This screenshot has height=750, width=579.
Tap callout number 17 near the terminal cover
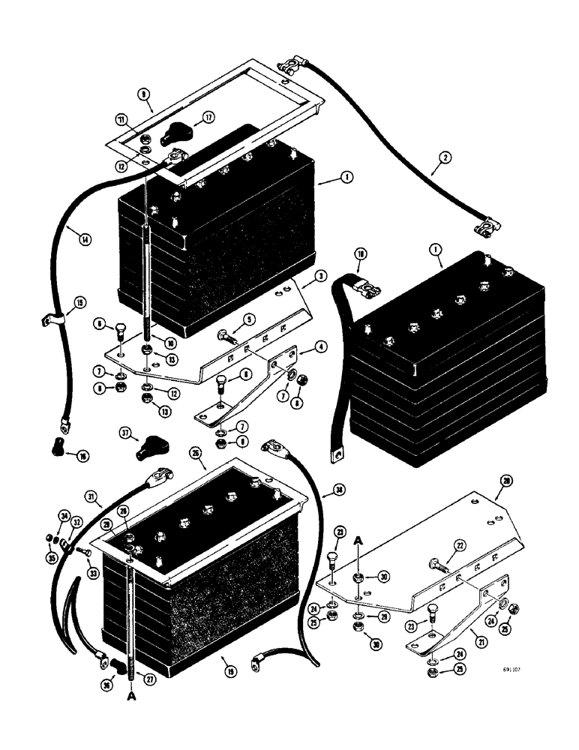(208, 116)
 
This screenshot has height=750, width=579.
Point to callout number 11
(121, 118)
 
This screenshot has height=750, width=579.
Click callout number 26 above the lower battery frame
(196, 454)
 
